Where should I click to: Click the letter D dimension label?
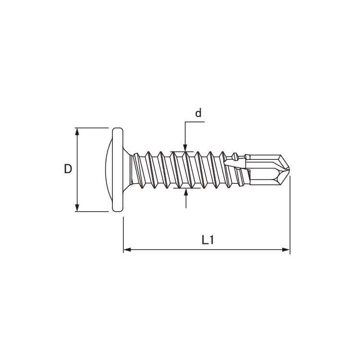(68, 169)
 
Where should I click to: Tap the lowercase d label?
(198, 113)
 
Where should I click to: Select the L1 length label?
(208, 240)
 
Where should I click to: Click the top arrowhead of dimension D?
(77, 132)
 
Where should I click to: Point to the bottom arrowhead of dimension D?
(77, 207)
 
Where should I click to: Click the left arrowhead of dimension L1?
(127, 250)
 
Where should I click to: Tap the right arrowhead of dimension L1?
(286, 250)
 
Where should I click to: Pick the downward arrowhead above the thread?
(185, 148)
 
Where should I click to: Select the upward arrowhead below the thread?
(186, 192)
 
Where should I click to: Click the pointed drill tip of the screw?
(289, 169)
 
